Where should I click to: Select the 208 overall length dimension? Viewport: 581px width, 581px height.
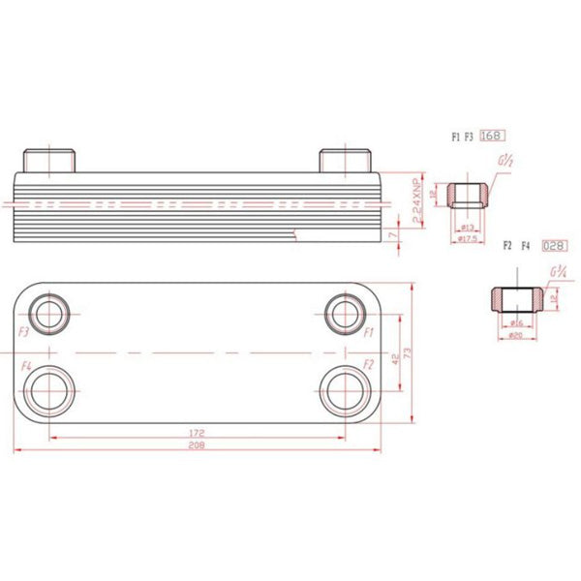(x=197, y=443)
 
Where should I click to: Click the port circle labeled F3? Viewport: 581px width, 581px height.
(x=47, y=312)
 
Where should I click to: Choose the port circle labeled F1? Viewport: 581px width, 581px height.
(x=344, y=312)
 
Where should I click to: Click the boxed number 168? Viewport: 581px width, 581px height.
(x=494, y=137)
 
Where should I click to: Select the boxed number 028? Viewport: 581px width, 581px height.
(x=554, y=247)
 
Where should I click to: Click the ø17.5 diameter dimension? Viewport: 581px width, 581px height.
(x=468, y=239)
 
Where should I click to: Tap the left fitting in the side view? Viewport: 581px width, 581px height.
(x=47, y=160)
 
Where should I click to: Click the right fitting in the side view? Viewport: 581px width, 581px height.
(x=345, y=160)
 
